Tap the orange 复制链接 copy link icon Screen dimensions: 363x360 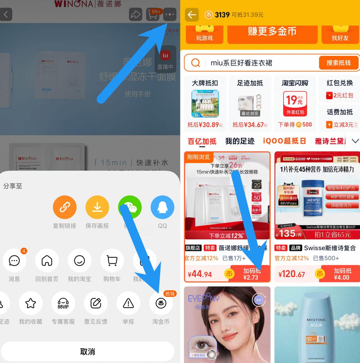pos(65,207)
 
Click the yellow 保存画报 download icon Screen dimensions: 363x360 pos(97,207)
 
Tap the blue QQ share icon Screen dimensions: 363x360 pos(162,207)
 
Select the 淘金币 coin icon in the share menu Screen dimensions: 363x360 pos(161,303)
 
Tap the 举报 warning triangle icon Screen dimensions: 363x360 pos(128,303)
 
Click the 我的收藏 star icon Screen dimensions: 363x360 pos(30,303)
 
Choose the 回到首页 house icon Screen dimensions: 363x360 pos(47,261)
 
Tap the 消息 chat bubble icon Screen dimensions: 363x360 pos(14,261)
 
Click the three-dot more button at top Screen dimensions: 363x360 pos(170,14)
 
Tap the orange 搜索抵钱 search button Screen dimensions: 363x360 pos(338,63)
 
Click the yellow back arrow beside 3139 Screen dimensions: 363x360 pos(192,15)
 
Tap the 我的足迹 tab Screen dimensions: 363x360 pos(240,141)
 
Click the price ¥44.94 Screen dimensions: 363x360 pos(200,274)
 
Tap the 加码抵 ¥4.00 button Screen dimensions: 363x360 pos(342,274)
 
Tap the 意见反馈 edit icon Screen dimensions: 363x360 pos(96,303)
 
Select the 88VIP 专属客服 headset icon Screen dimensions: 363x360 pos(63,303)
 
